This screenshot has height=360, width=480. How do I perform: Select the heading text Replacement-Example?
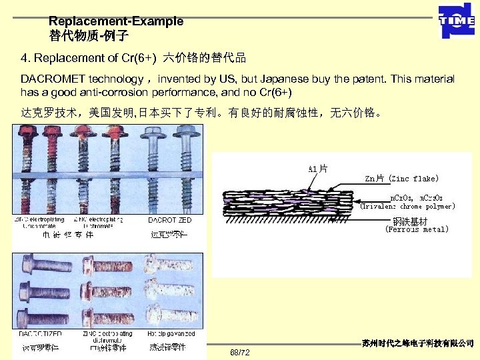tap(116, 21)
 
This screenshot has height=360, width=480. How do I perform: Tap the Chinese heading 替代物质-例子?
tap(89, 35)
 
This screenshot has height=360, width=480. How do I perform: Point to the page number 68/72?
tap(239, 351)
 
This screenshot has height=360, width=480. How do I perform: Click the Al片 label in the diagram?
tap(317, 168)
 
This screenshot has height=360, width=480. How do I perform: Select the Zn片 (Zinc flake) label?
tap(402, 179)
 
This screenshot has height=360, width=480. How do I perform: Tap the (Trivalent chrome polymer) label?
tap(407, 207)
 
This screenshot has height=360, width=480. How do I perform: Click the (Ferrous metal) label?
tap(417, 229)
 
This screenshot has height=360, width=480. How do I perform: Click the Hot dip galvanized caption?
tap(169, 333)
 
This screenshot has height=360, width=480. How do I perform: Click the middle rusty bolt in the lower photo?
tap(107, 291)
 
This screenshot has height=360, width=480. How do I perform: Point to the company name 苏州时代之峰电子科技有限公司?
tap(418, 343)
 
